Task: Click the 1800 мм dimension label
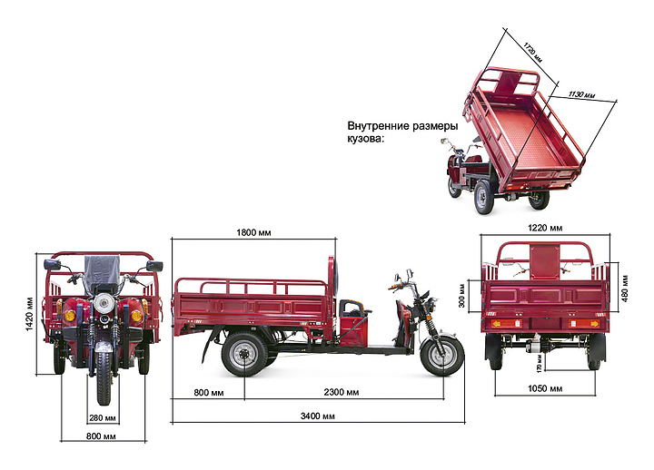pos(253,234)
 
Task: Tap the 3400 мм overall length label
pos(316,416)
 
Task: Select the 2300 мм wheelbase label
pos(340,393)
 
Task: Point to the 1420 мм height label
pos(30,310)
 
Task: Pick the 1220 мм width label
pos(544,228)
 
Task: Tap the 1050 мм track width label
pos(544,388)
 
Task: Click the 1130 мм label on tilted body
pos(581,93)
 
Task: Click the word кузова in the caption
pos(366,139)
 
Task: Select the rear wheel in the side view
pos(243,354)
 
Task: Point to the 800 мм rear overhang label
pos(209,393)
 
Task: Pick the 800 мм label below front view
pos(103,436)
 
